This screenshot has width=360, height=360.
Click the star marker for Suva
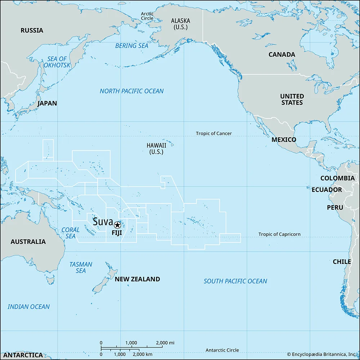click(117, 225)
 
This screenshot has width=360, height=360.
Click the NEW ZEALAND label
click(137, 279)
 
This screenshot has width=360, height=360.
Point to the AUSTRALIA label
click(28, 242)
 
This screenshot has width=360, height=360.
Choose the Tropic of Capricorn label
click(279, 234)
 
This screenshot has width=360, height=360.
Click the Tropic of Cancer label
click(214, 134)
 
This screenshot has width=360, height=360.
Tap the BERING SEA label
click(131, 46)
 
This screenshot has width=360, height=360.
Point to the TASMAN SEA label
click(81, 267)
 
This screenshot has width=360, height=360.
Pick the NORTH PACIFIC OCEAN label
click(131, 91)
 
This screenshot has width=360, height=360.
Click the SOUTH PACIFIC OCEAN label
click(235, 281)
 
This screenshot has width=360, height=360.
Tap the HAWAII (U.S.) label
click(156, 148)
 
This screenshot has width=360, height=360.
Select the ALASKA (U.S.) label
click(180, 24)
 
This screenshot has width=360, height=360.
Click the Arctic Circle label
click(147, 16)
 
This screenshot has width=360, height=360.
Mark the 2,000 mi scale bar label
click(165, 342)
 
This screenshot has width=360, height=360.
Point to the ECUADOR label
click(327, 190)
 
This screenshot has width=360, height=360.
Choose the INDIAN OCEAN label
click(29, 307)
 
